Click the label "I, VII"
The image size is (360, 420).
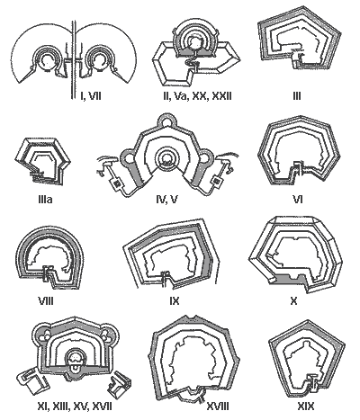[x=91, y=96]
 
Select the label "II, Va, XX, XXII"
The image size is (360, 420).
[x=197, y=96]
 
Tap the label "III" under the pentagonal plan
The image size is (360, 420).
[x=296, y=96]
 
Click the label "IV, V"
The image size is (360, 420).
[x=167, y=199]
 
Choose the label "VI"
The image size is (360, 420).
[x=297, y=199]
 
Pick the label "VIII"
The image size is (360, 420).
[x=46, y=300]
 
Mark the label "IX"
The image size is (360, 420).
[x=175, y=300]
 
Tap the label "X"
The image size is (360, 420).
[x=294, y=300]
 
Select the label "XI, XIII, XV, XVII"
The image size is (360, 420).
[x=75, y=407]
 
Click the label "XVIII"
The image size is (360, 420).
[x=218, y=407]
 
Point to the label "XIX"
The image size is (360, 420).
[x=306, y=407]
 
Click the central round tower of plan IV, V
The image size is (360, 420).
[x=166, y=158]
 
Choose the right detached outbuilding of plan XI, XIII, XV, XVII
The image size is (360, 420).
[x=120, y=382]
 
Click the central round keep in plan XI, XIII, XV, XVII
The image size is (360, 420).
[x=75, y=359]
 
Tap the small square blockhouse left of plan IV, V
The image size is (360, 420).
[x=115, y=183]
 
